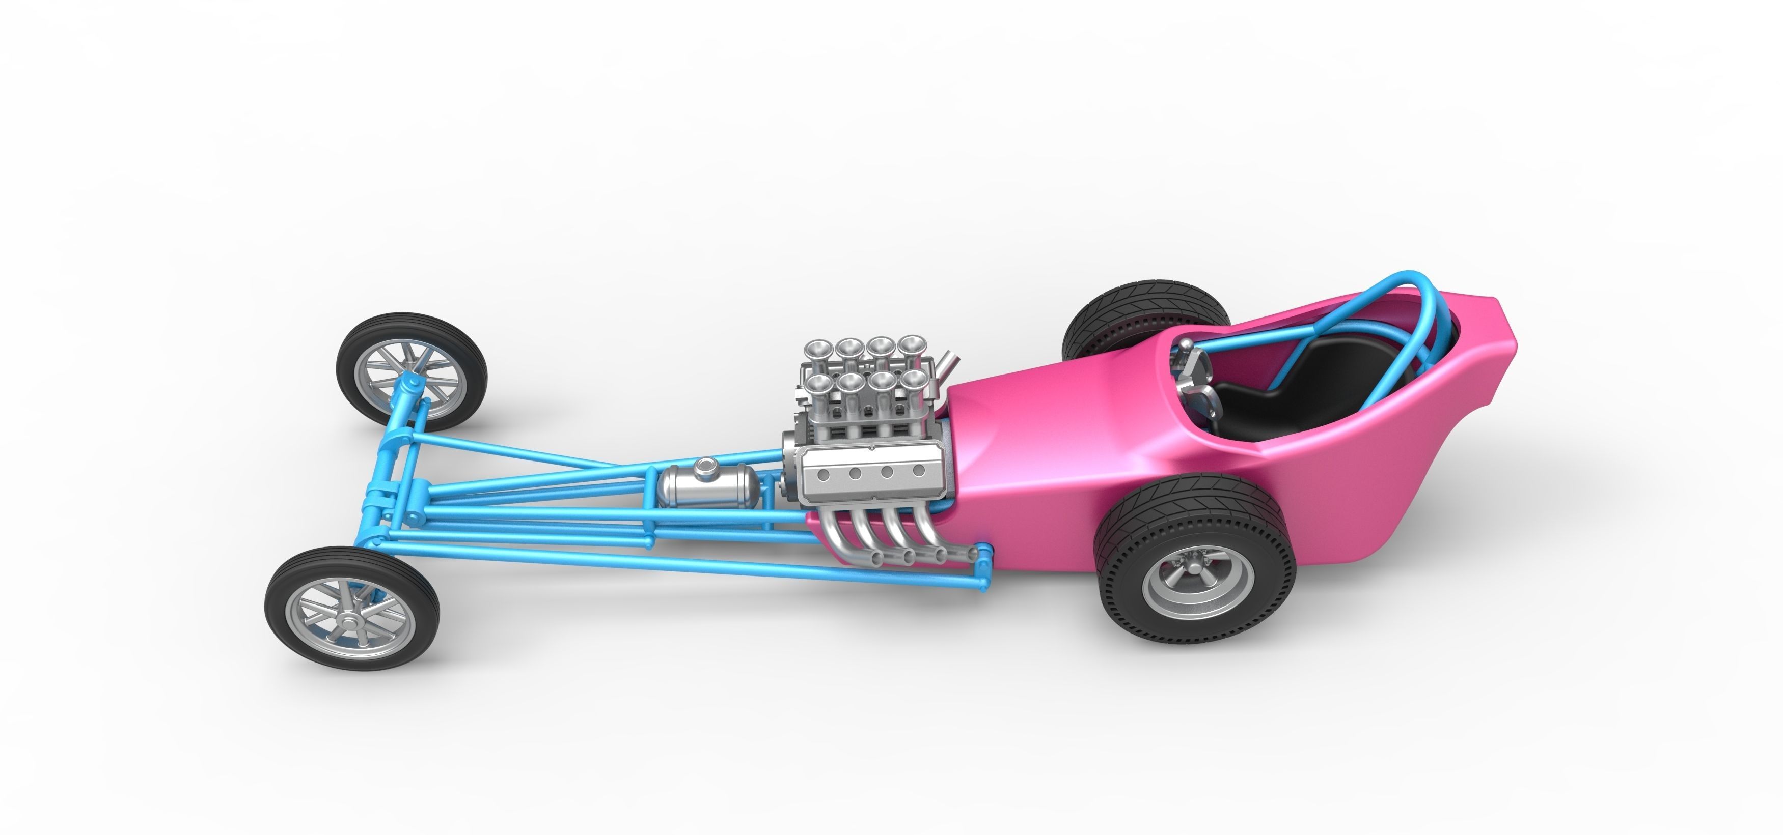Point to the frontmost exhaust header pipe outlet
(875, 558)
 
